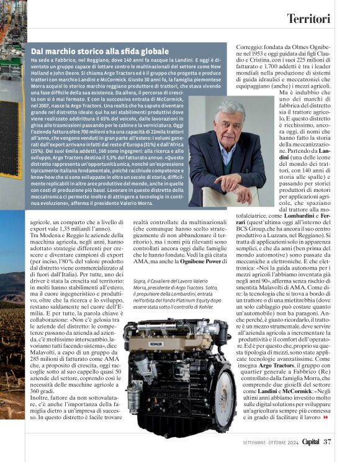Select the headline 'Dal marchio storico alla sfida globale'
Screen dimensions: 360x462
click(99, 51)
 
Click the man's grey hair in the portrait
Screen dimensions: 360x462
click(230, 107)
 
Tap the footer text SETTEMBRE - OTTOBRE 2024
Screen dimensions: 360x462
click(269, 442)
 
